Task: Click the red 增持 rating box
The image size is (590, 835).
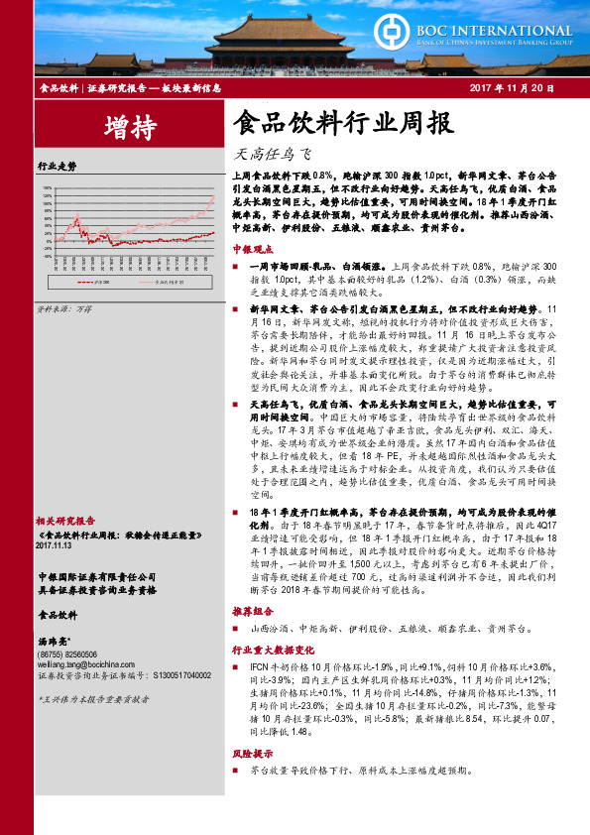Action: click(121, 126)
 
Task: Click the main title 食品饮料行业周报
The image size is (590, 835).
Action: click(342, 124)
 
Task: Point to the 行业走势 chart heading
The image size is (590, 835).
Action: click(56, 165)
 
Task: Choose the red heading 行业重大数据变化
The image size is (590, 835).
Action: click(266, 648)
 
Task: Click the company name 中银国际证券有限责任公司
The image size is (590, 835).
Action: click(96, 576)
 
